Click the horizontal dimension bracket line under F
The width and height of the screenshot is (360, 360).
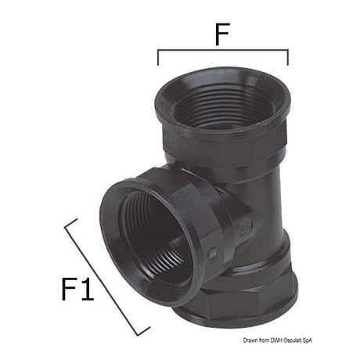(222, 51)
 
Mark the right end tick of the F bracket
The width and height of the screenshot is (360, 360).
(287, 58)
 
